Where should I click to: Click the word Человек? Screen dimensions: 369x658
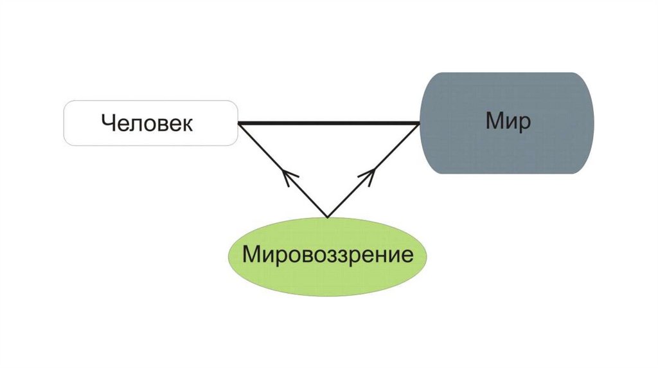tap(147, 123)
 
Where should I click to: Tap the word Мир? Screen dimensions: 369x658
tap(508, 120)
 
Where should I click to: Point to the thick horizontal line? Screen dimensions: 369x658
tap(328, 123)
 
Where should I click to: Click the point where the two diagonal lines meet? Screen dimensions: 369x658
tap(328, 217)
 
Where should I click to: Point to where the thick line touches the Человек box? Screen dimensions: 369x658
tap(238, 123)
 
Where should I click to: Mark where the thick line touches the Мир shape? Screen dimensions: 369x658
tap(420, 123)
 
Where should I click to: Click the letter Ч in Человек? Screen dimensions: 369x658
tap(107, 123)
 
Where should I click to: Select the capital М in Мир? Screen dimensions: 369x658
tap(495, 120)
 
